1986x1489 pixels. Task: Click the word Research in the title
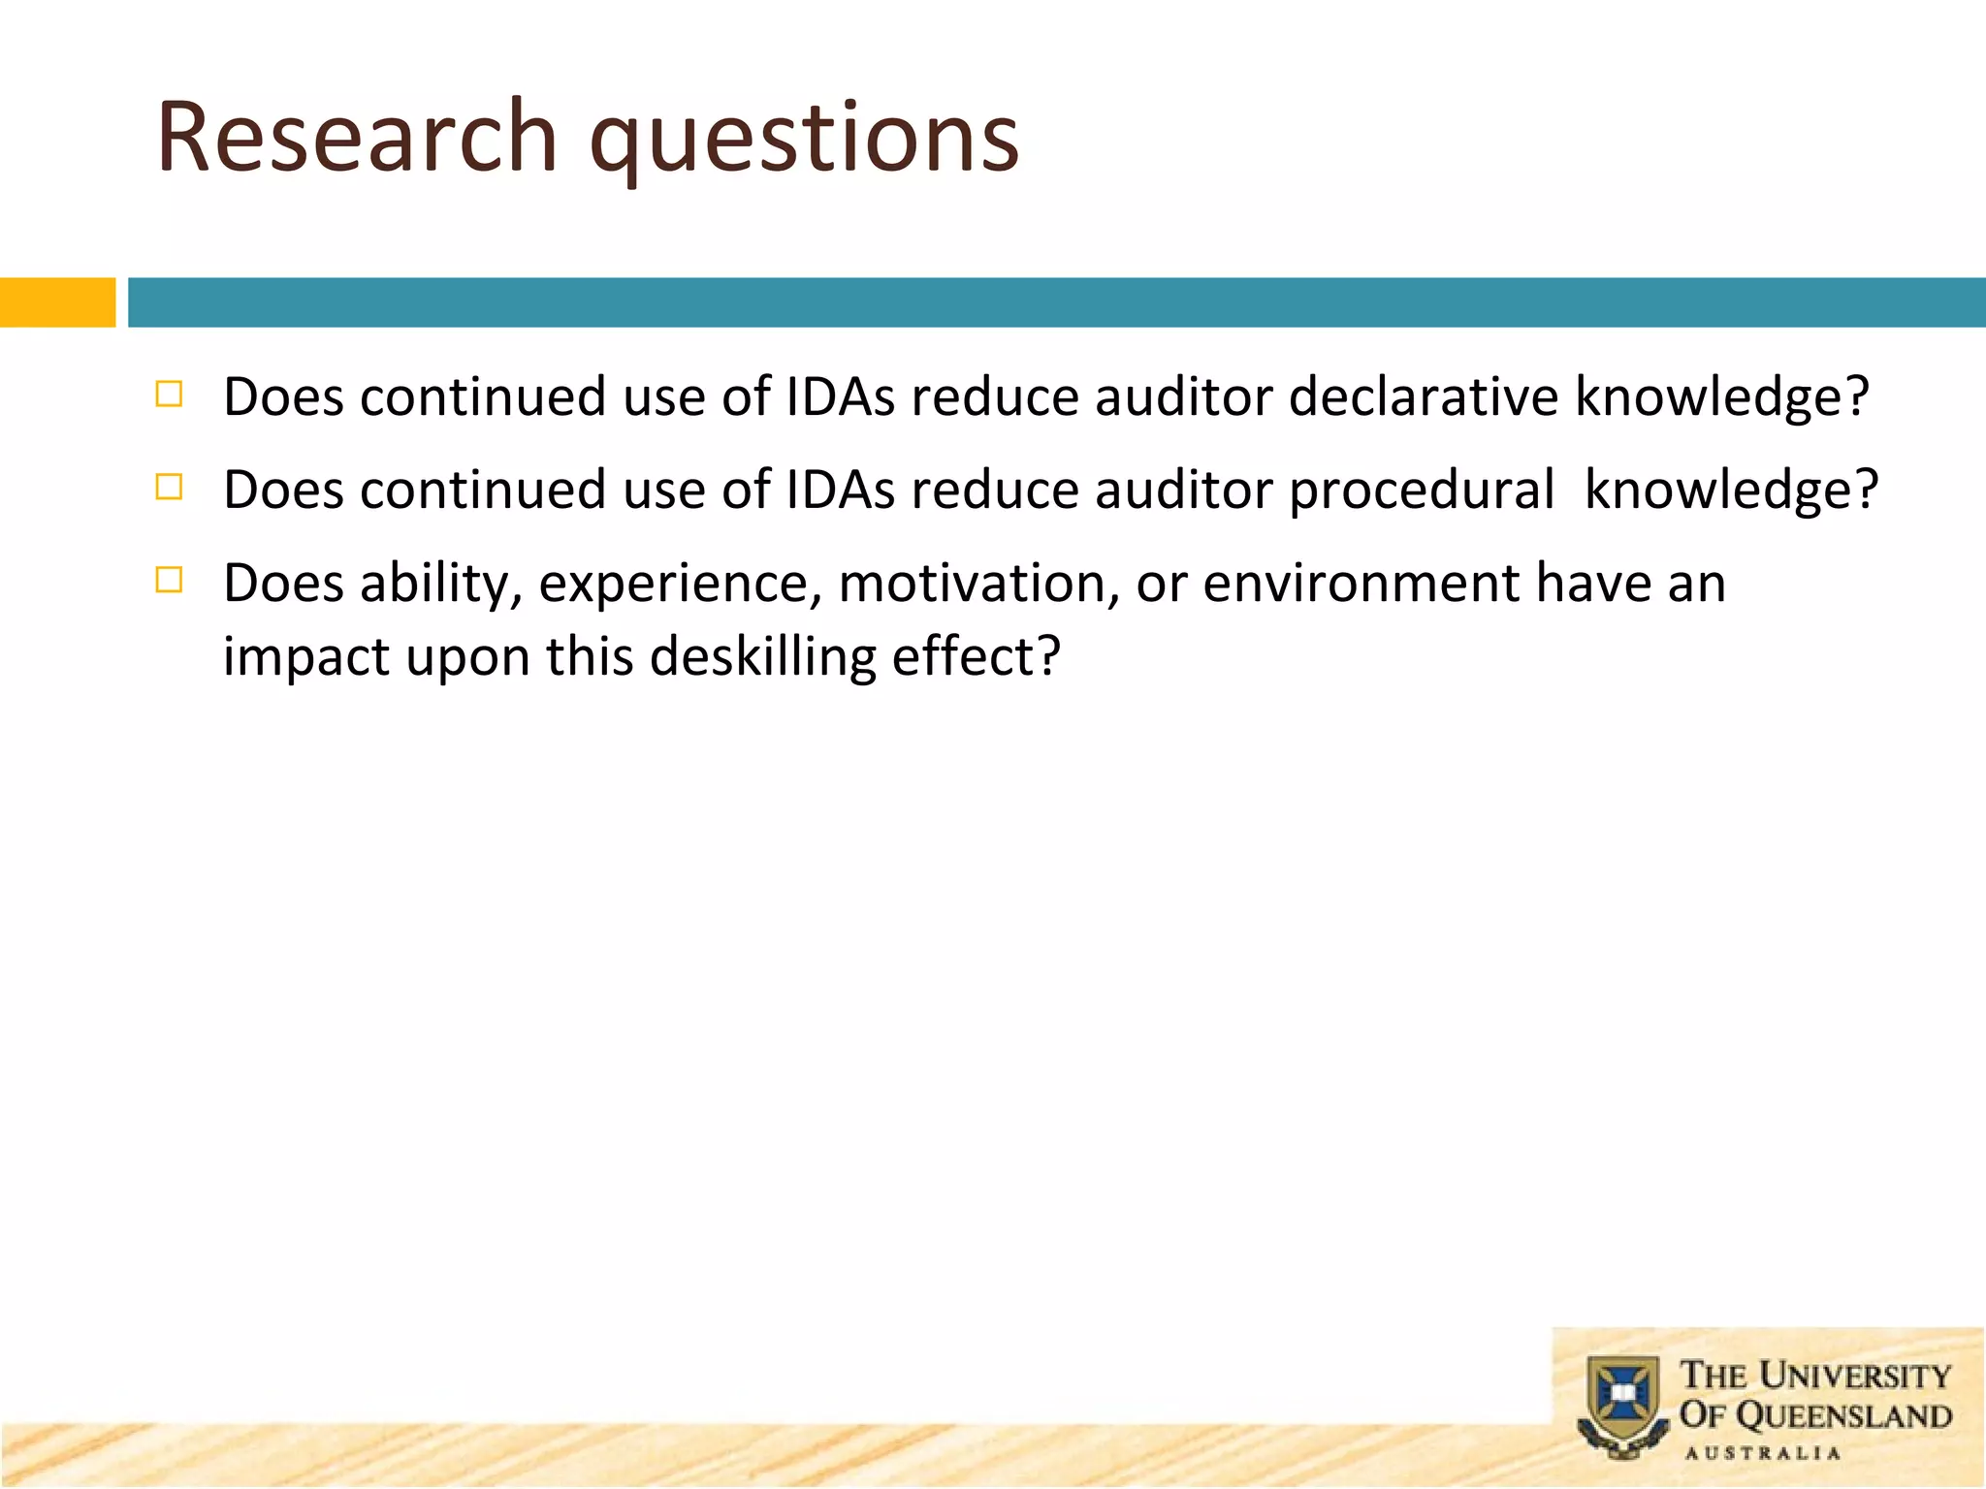pyautogui.click(x=356, y=138)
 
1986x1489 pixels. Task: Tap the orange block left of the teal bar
pyautogui.click(x=57, y=302)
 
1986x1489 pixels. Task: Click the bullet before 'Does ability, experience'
pyautogui.click(x=169, y=580)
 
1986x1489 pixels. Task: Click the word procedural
pyautogui.click(x=1421, y=490)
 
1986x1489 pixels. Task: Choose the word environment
pyautogui.click(x=1361, y=584)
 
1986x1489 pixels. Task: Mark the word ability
pyautogui.click(x=440, y=584)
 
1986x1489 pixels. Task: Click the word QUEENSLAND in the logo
pyautogui.click(x=1843, y=1415)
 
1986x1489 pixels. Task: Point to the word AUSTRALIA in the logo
pyautogui.click(x=1762, y=1453)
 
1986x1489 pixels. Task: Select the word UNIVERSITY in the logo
pyautogui.click(x=1854, y=1375)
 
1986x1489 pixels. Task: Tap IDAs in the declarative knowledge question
pyautogui.click(x=840, y=396)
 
